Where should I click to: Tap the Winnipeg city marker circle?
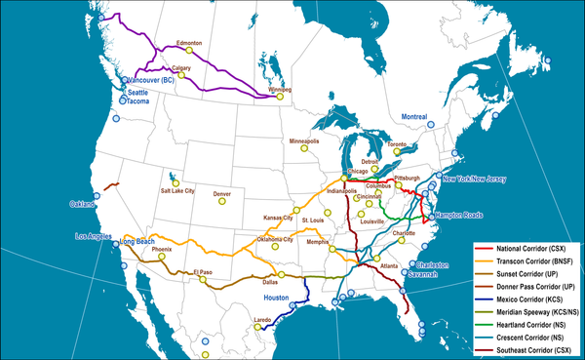(279, 97)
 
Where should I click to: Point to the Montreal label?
(415, 117)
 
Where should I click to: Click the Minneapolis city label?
(304, 141)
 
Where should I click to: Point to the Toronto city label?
(396, 144)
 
